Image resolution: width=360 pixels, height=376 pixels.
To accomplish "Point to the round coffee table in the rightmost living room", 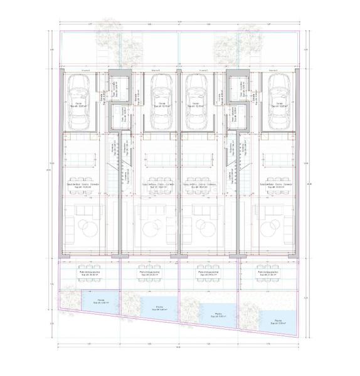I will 274,225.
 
